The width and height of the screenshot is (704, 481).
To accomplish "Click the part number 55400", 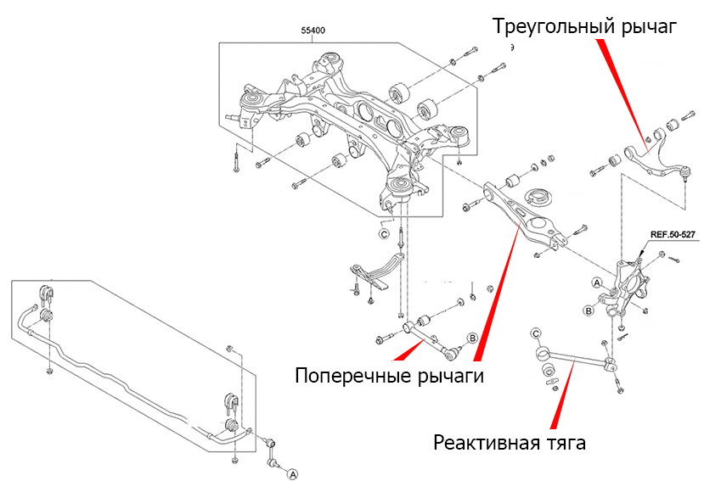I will coord(313,31).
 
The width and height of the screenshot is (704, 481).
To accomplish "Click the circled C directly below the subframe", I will coord(383,233).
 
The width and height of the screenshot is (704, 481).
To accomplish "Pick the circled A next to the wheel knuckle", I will coord(596,282).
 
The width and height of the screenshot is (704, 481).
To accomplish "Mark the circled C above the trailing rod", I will coord(536,333).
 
